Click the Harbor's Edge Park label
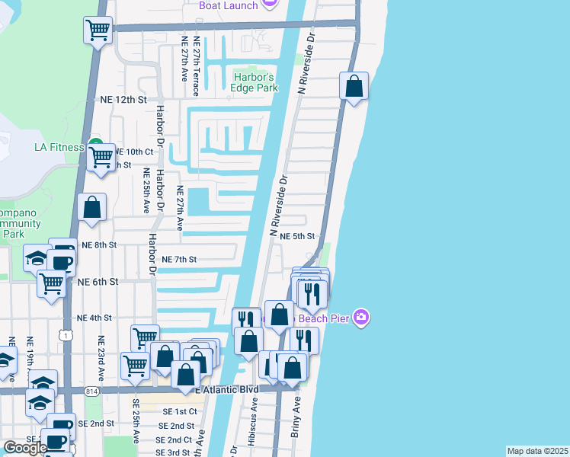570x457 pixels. (x=254, y=82)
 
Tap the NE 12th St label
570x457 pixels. (x=123, y=100)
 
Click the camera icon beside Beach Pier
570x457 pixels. (x=362, y=317)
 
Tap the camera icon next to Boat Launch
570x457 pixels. (x=269, y=4)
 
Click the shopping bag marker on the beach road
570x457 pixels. (x=354, y=87)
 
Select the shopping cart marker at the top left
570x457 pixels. (x=98, y=31)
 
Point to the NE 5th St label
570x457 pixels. (x=297, y=237)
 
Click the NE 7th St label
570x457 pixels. (x=180, y=260)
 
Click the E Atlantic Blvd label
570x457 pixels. (x=228, y=389)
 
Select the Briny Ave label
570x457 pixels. (x=296, y=418)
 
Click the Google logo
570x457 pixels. (x=25, y=448)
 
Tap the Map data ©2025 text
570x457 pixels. (x=537, y=451)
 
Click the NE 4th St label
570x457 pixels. (x=94, y=318)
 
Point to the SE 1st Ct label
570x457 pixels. (x=180, y=411)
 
